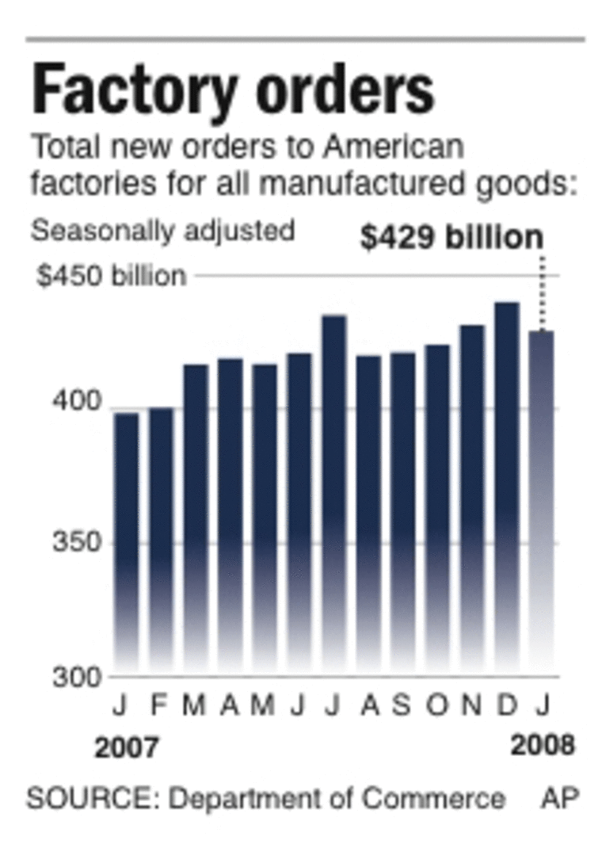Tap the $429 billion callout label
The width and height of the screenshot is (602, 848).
click(x=452, y=237)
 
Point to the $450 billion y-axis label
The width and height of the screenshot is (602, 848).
click(x=111, y=276)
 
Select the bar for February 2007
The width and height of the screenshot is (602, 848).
click(x=161, y=539)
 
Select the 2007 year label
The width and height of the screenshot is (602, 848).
click(x=126, y=748)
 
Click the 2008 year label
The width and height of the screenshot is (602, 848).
click(x=542, y=747)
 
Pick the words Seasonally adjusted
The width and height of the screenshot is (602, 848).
click(x=162, y=231)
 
